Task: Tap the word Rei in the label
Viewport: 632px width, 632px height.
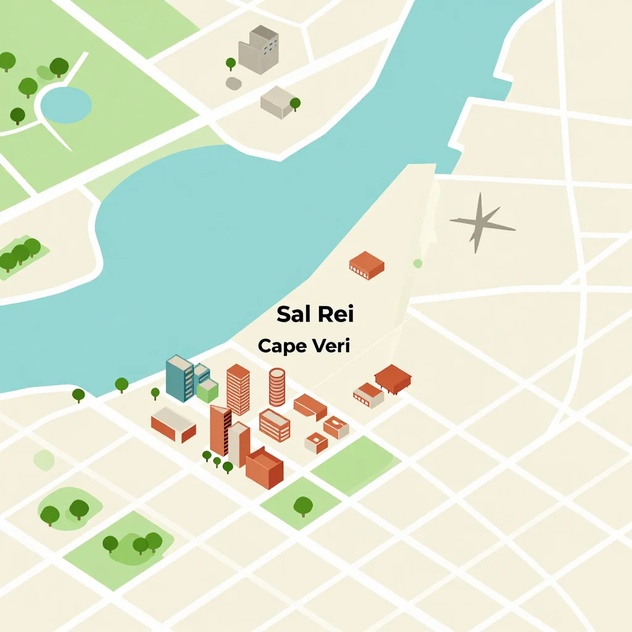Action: pos(335,314)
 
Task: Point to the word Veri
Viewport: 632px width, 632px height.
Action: pos(330,346)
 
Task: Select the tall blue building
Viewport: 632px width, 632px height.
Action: pos(180,378)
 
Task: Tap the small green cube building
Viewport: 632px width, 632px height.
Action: pos(208,390)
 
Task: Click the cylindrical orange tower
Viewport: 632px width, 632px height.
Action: pos(277,387)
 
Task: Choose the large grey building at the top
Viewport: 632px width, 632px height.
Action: pos(259,50)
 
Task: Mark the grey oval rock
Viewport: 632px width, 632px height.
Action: pos(233,83)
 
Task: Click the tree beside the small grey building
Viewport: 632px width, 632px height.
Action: pos(295,103)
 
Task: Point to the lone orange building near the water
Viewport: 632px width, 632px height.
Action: pos(367,265)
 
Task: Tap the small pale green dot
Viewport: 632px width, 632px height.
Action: pos(418,264)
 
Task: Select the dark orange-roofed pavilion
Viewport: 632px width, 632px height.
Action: pos(393,378)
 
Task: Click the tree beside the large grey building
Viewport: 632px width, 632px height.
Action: pos(231,63)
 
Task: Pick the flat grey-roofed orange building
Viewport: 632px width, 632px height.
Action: pos(173,424)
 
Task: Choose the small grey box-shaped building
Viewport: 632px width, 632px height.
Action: pos(279,102)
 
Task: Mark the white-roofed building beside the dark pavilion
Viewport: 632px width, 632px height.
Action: pos(368,395)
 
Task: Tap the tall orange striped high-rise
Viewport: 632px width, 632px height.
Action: pos(238,389)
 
